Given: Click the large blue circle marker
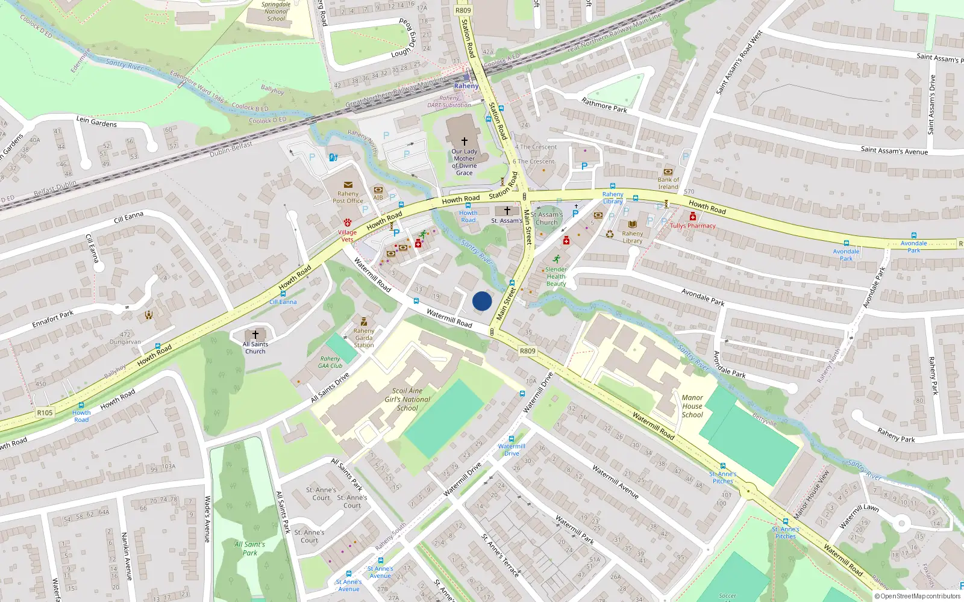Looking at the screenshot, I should (x=482, y=301).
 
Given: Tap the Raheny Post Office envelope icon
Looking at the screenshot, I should (x=348, y=185).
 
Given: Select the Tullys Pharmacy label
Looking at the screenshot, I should (x=693, y=226).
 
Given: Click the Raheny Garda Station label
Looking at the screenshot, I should (x=364, y=338).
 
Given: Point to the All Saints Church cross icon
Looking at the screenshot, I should (x=255, y=334).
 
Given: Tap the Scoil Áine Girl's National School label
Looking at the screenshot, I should (x=407, y=399).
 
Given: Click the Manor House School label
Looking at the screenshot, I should (x=692, y=406).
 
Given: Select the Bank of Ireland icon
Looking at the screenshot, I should (x=668, y=172).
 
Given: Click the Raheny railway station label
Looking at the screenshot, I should (x=466, y=86).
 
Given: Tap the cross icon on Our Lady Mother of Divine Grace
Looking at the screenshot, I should (x=464, y=141).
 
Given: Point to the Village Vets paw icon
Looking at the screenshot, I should (x=348, y=223).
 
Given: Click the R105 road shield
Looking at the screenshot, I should (x=45, y=412).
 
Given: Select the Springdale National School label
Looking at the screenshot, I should (x=276, y=11).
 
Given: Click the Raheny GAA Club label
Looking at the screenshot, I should (x=330, y=362).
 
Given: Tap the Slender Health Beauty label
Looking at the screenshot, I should (x=556, y=276).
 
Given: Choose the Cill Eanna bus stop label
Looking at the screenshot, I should (x=283, y=302).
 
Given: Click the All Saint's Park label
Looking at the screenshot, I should (x=249, y=548).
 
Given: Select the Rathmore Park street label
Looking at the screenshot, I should (x=604, y=105).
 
